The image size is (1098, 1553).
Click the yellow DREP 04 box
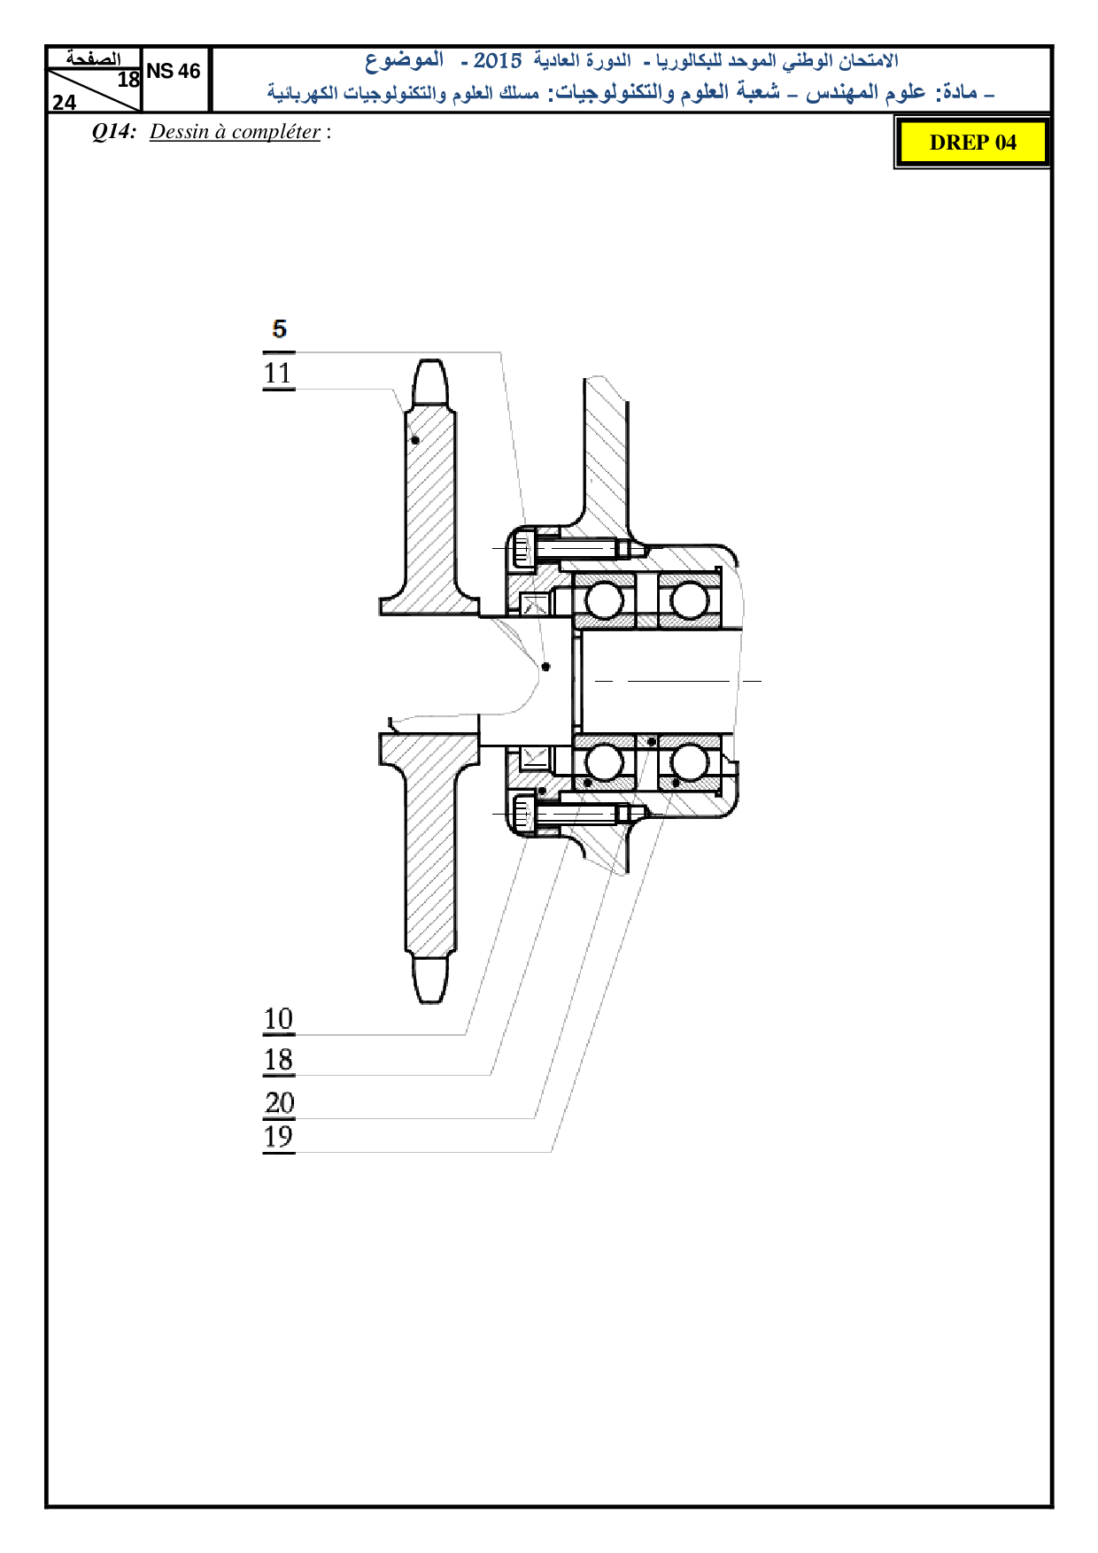tap(972, 143)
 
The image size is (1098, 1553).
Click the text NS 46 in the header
tap(174, 72)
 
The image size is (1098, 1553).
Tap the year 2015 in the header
tap(498, 61)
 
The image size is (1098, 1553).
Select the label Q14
tap(114, 132)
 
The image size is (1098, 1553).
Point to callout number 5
tap(280, 329)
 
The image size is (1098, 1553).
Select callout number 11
tap(278, 373)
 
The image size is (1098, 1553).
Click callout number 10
tap(278, 1019)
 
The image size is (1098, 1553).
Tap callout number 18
tap(278, 1060)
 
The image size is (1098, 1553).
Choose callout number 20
tap(280, 1102)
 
